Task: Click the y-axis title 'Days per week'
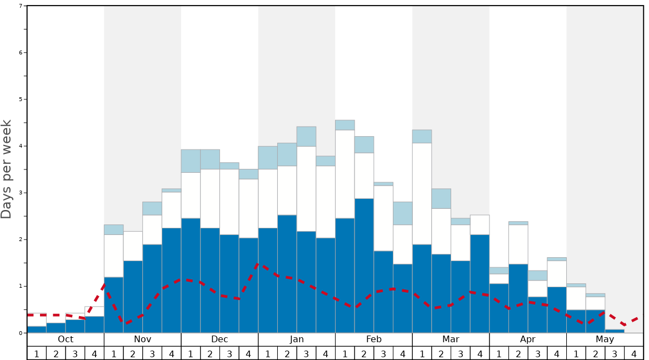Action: click(x=7, y=169)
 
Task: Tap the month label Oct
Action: click(x=66, y=339)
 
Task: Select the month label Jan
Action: click(x=297, y=339)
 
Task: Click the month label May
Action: click(x=605, y=339)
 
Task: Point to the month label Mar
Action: click(x=451, y=339)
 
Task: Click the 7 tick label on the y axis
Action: click(x=21, y=6)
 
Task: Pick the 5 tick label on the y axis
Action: click(x=21, y=99)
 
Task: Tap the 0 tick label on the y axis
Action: click(x=21, y=333)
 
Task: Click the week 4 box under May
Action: click(x=634, y=353)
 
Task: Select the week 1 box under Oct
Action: click(x=37, y=353)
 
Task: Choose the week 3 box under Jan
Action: click(x=306, y=353)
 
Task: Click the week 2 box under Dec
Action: click(x=210, y=353)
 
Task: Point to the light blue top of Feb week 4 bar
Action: click(x=403, y=213)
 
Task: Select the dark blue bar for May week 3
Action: click(x=615, y=331)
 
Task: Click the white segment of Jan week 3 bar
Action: click(x=306, y=189)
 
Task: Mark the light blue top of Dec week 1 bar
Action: click(x=191, y=161)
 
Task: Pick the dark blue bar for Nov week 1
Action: click(x=113, y=305)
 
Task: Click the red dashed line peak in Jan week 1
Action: click(x=258, y=264)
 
